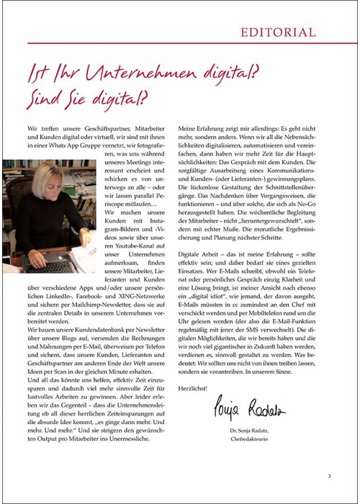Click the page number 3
coord(329,475)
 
